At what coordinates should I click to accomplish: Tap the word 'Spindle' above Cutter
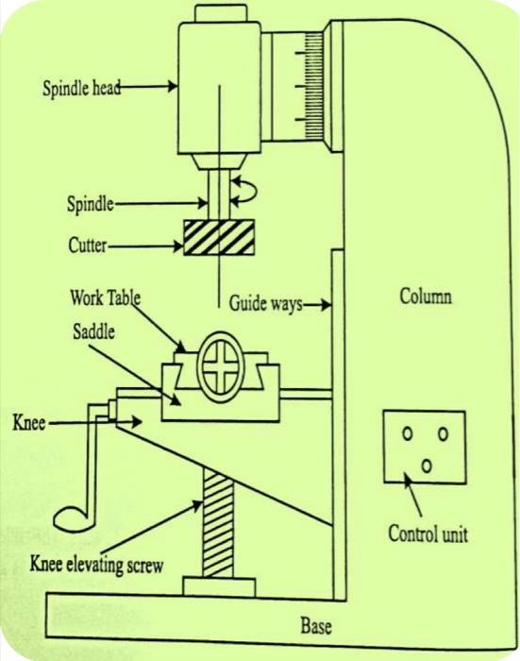pos(91,202)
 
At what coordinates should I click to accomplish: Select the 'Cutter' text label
pos(87,245)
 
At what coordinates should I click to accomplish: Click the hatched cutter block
pos(219,237)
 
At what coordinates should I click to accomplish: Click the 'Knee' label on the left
pos(28,422)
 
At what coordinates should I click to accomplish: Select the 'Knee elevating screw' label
pos(97,566)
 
